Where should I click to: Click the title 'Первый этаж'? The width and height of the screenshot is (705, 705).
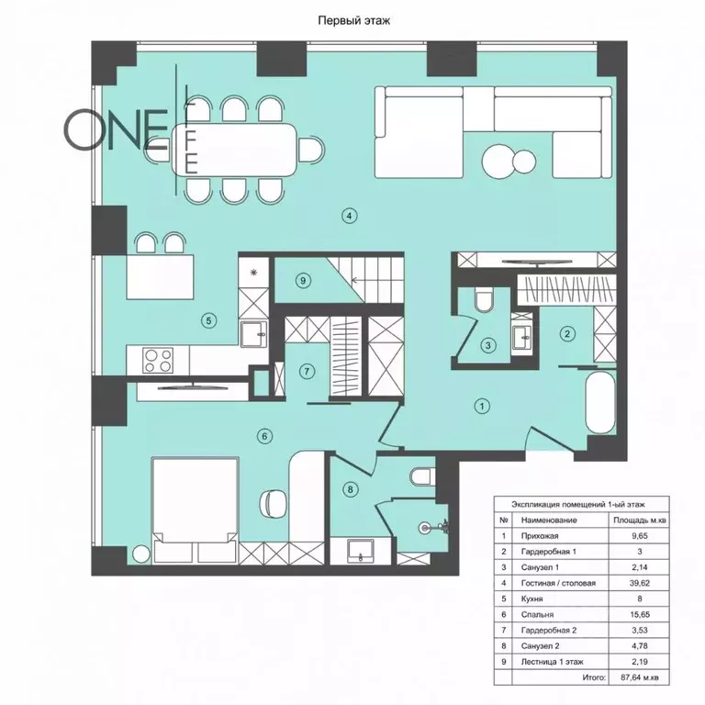click(x=353, y=21)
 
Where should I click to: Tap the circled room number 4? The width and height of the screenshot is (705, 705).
click(x=350, y=216)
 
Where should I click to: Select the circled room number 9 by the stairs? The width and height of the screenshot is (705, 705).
click(x=303, y=281)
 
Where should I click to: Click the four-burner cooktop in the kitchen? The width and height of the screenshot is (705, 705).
click(x=158, y=361)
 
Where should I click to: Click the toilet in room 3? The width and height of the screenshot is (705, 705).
click(x=484, y=300)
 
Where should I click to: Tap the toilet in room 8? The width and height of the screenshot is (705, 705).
click(x=422, y=476)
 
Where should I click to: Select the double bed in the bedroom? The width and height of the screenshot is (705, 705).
click(x=195, y=509)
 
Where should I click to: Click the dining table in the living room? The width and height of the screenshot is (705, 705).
click(x=234, y=150)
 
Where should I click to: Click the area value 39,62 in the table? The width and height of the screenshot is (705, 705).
click(x=639, y=583)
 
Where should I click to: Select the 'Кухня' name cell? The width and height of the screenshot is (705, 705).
click(x=532, y=599)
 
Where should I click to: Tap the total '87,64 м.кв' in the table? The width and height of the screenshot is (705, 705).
click(x=639, y=677)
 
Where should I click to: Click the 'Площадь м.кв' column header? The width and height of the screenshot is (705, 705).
click(x=639, y=520)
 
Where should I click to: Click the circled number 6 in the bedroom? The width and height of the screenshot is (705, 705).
click(x=264, y=436)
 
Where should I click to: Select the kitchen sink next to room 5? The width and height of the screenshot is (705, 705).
click(x=253, y=334)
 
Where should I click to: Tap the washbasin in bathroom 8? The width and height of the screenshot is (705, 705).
click(x=360, y=551)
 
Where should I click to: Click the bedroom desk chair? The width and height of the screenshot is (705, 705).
click(x=273, y=504)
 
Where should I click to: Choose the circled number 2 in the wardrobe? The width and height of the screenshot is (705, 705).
click(x=567, y=333)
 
